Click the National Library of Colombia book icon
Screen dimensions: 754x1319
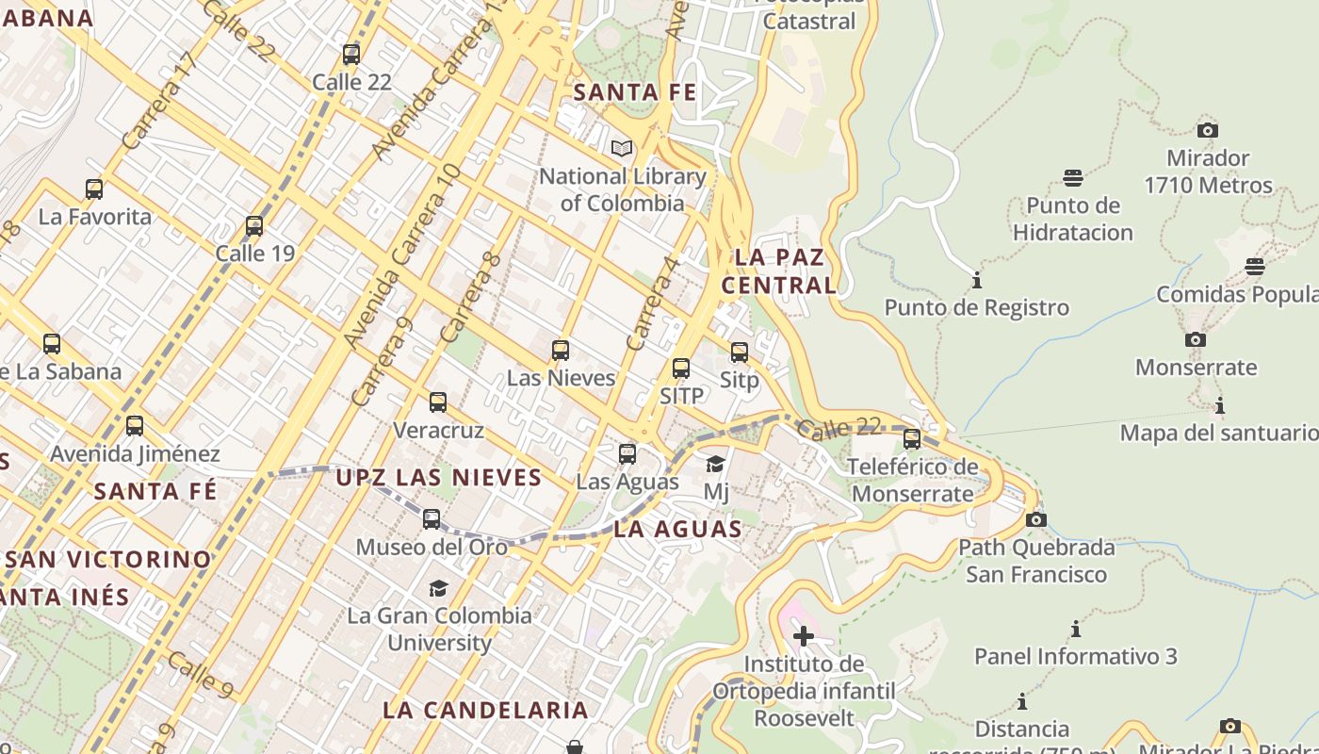621,148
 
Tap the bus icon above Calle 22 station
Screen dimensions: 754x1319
351,55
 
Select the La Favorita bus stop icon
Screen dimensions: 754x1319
94,189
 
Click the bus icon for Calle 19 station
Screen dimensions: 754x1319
253,226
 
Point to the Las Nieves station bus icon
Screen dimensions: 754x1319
561,351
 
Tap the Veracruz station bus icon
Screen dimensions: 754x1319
438,403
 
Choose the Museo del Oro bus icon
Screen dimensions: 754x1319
432,519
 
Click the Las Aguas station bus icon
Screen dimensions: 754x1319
627,454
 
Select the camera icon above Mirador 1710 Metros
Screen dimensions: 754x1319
1208,130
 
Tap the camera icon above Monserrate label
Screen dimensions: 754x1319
1196,339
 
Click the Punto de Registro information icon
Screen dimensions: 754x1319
977,280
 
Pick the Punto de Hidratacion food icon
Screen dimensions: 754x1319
1073,177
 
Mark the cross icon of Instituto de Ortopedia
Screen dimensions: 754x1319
804,636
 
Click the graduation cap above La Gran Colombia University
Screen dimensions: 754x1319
438,588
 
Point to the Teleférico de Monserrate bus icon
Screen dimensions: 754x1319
912,439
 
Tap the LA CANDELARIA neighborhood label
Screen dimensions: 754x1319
486,710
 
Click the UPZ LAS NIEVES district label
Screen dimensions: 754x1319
439,478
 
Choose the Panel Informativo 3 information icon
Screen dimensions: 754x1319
1075,629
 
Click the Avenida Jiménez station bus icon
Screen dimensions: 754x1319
135,426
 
